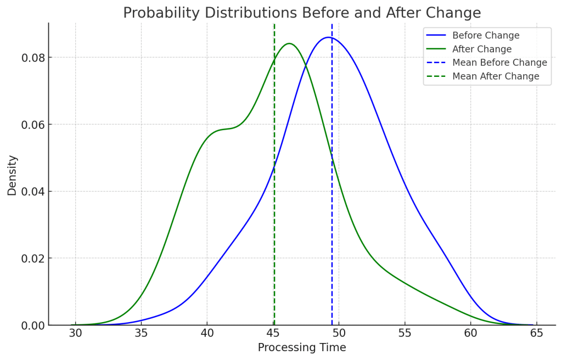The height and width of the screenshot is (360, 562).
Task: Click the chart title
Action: [302, 13]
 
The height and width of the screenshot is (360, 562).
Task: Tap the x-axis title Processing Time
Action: [302, 347]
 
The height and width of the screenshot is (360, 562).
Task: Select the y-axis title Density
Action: [12, 175]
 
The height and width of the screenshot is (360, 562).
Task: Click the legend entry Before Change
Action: [486, 36]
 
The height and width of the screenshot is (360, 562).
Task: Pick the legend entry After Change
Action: [482, 49]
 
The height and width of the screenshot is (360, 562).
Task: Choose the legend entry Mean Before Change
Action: [499, 63]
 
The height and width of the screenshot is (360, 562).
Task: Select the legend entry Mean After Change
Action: [496, 76]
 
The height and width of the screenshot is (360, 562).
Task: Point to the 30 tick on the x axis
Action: [76, 333]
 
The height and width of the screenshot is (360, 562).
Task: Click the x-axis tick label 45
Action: [273, 333]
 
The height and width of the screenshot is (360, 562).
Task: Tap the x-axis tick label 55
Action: [404, 333]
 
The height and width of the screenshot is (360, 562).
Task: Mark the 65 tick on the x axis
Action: [536, 333]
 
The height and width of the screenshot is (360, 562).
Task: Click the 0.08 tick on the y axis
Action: [32, 58]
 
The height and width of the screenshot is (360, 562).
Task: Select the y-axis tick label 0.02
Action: [32, 258]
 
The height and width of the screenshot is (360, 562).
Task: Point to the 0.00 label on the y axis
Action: [32, 325]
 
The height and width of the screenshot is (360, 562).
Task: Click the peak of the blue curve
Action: [328, 37]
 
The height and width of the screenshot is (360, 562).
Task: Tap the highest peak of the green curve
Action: [289, 43]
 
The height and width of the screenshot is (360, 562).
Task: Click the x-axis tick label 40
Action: [207, 333]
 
